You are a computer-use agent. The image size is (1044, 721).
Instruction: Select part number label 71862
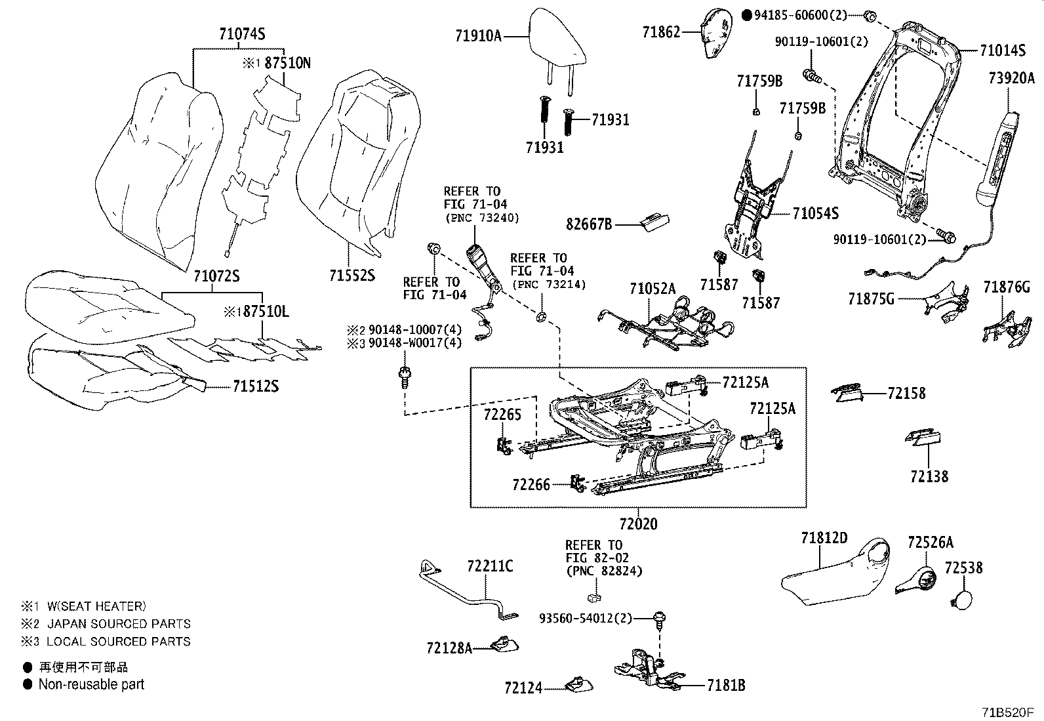click(x=661, y=31)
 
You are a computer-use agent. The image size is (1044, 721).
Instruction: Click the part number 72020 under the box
click(x=637, y=524)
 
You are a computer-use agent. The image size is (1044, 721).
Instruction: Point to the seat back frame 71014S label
click(x=1003, y=50)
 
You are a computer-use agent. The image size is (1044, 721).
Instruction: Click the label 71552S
click(x=352, y=276)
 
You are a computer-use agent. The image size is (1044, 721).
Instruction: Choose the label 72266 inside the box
click(x=531, y=485)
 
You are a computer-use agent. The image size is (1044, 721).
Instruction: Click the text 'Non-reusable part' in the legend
click(x=91, y=684)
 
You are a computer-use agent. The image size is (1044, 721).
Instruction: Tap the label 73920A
click(x=1011, y=79)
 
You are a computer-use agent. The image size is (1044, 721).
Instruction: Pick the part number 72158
click(x=906, y=394)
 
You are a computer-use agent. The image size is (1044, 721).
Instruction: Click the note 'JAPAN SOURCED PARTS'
click(x=119, y=623)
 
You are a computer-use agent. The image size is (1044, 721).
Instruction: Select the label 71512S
click(x=255, y=387)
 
